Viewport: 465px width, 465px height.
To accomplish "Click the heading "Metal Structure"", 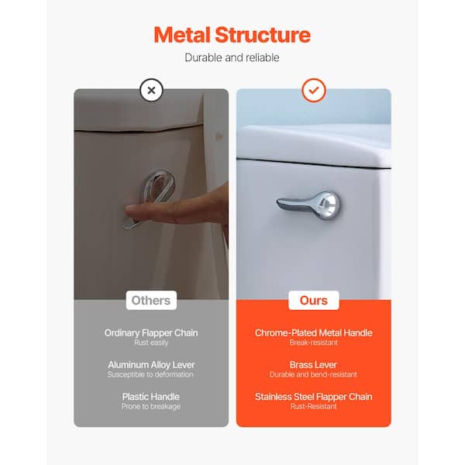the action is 232,35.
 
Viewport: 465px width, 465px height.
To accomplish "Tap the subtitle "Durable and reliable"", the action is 232,57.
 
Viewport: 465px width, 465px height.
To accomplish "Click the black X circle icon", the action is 151,90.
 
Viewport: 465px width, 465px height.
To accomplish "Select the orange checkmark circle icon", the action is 314,90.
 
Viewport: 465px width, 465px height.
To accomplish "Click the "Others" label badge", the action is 151,301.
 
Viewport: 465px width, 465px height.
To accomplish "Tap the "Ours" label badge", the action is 314,301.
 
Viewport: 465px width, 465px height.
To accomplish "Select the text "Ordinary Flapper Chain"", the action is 151,333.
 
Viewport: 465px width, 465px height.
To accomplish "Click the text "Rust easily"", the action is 151,343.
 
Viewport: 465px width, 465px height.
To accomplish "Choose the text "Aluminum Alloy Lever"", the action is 151,365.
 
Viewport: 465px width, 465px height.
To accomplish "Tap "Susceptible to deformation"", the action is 150,374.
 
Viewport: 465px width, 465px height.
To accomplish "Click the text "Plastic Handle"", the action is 151,397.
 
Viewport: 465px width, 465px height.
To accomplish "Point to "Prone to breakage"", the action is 151,406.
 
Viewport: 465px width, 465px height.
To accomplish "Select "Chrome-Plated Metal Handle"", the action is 314,333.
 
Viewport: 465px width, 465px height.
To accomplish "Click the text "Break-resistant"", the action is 314,343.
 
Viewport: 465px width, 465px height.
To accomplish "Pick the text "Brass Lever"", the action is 313,365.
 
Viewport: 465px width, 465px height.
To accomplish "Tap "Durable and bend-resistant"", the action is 313,374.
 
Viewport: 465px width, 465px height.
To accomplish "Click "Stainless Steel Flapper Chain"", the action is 314,397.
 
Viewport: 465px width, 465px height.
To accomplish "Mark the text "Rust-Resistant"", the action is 314,406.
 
